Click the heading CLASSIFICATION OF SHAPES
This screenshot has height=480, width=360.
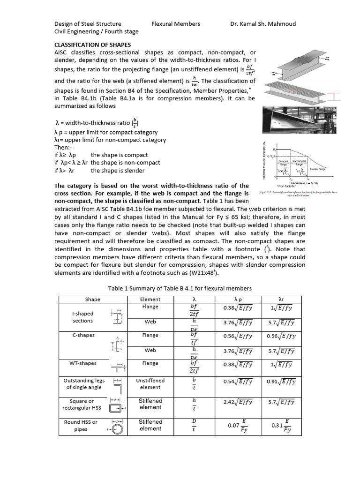pyautogui.click(x=93, y=45)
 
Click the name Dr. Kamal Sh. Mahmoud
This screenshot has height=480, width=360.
pyautogui.click(x=263, y=24)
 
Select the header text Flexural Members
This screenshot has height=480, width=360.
pyautogui.click(x=176, y=24)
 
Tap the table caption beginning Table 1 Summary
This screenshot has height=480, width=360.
pyautogui.click(x=180, y=288)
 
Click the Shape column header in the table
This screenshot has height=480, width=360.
pyautogui.click(x=92, y=299)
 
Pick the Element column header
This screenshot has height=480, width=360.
pyautogui.click(x=150, y=299)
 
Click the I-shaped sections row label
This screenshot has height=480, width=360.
pyautogui.click(x=83, y=317)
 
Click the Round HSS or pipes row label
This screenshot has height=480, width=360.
pyautogui.click(x=81, y=426)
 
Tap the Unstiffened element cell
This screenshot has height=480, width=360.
pyautogui.click(x=150, y=384)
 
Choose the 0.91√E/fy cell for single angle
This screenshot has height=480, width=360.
pyautogui.click(x=281, y=382)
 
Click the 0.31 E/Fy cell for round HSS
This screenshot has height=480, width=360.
pyautogui.click(x=281, y=426)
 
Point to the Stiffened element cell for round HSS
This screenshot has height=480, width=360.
pyautogui.click(x=150, y=425)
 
